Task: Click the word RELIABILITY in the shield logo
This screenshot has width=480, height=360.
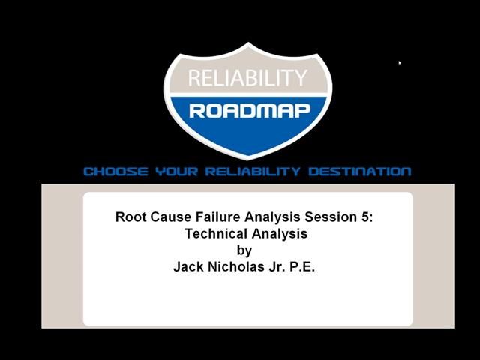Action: point(247,77)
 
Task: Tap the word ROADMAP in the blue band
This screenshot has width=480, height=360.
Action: point(249,111)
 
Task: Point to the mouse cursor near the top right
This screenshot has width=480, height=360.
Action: point(400,63)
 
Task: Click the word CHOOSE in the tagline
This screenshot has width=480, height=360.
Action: point(115,172)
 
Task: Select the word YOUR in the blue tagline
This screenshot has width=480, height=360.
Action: point(175,172)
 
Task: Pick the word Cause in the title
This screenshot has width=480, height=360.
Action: point(170,217)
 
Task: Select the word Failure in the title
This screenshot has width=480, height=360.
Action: point(217,217)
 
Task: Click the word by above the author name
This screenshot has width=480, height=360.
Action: point(244,250)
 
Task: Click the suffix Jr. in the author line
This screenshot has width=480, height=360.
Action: point(277,266)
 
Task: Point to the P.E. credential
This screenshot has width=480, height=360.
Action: point(302,266)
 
